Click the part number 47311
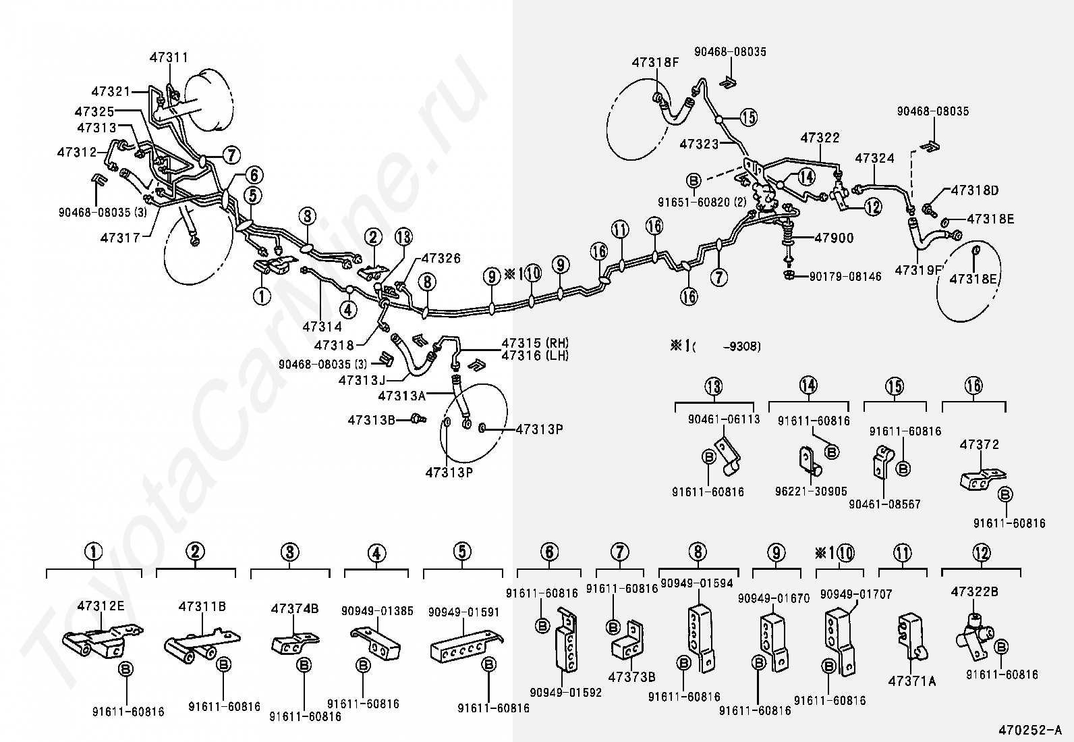point(169,58)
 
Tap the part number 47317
point(120,238)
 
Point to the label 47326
point(441,259)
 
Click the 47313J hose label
point(362,381)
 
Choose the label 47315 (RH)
point(534,343)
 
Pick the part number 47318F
point(655,63)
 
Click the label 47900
point(834,238)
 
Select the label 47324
point(874,159)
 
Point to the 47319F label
point(918,270)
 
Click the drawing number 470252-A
point(1030,730)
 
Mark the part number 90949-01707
point(855,595)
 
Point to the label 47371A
point(912,681)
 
